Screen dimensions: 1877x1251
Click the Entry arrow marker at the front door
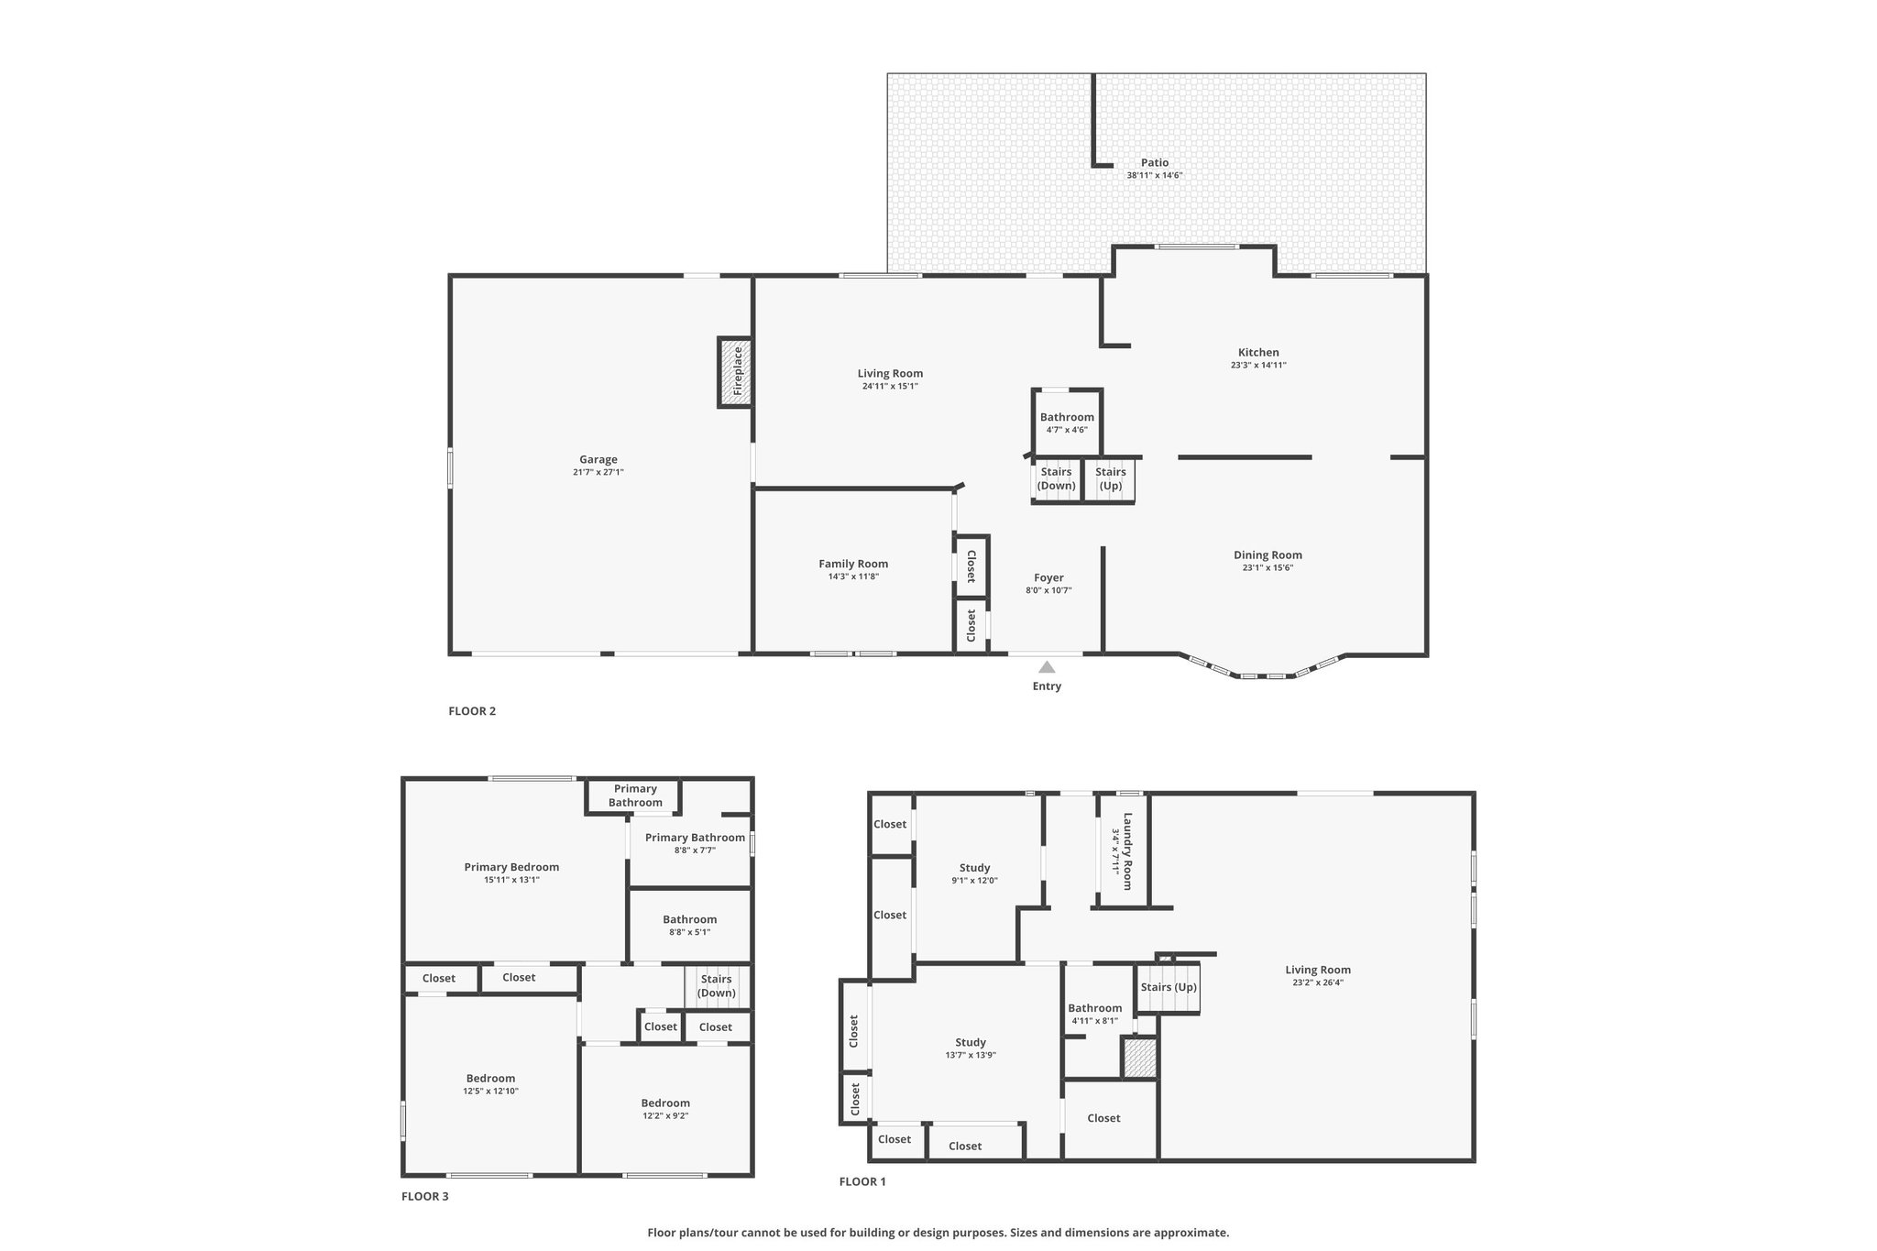click(1047, 667)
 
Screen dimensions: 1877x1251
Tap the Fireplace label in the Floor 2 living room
click(738, 370)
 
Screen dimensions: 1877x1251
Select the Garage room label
click(598, 459)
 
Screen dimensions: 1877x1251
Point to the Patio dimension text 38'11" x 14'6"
click(1155, 175)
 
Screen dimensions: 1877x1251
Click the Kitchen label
click(1258, 352)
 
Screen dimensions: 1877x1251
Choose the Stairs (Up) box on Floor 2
click(1110, 479)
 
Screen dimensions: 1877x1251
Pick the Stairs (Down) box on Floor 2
click(1057, 479)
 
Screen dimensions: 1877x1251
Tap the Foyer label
click(1048, 577)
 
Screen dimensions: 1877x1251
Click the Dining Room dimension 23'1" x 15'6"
click(1268, 567)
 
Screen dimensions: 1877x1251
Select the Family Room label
click(853, 564)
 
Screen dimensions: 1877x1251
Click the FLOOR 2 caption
click(472, 710)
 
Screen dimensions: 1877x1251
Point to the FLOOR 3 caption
click(425, 1196)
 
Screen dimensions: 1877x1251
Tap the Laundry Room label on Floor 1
click(1127, 851)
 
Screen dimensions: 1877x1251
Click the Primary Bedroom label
click(511, 867)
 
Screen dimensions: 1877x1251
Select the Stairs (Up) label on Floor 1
click(1169, 987)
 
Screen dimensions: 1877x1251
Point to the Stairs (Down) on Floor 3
click(717, 986)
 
